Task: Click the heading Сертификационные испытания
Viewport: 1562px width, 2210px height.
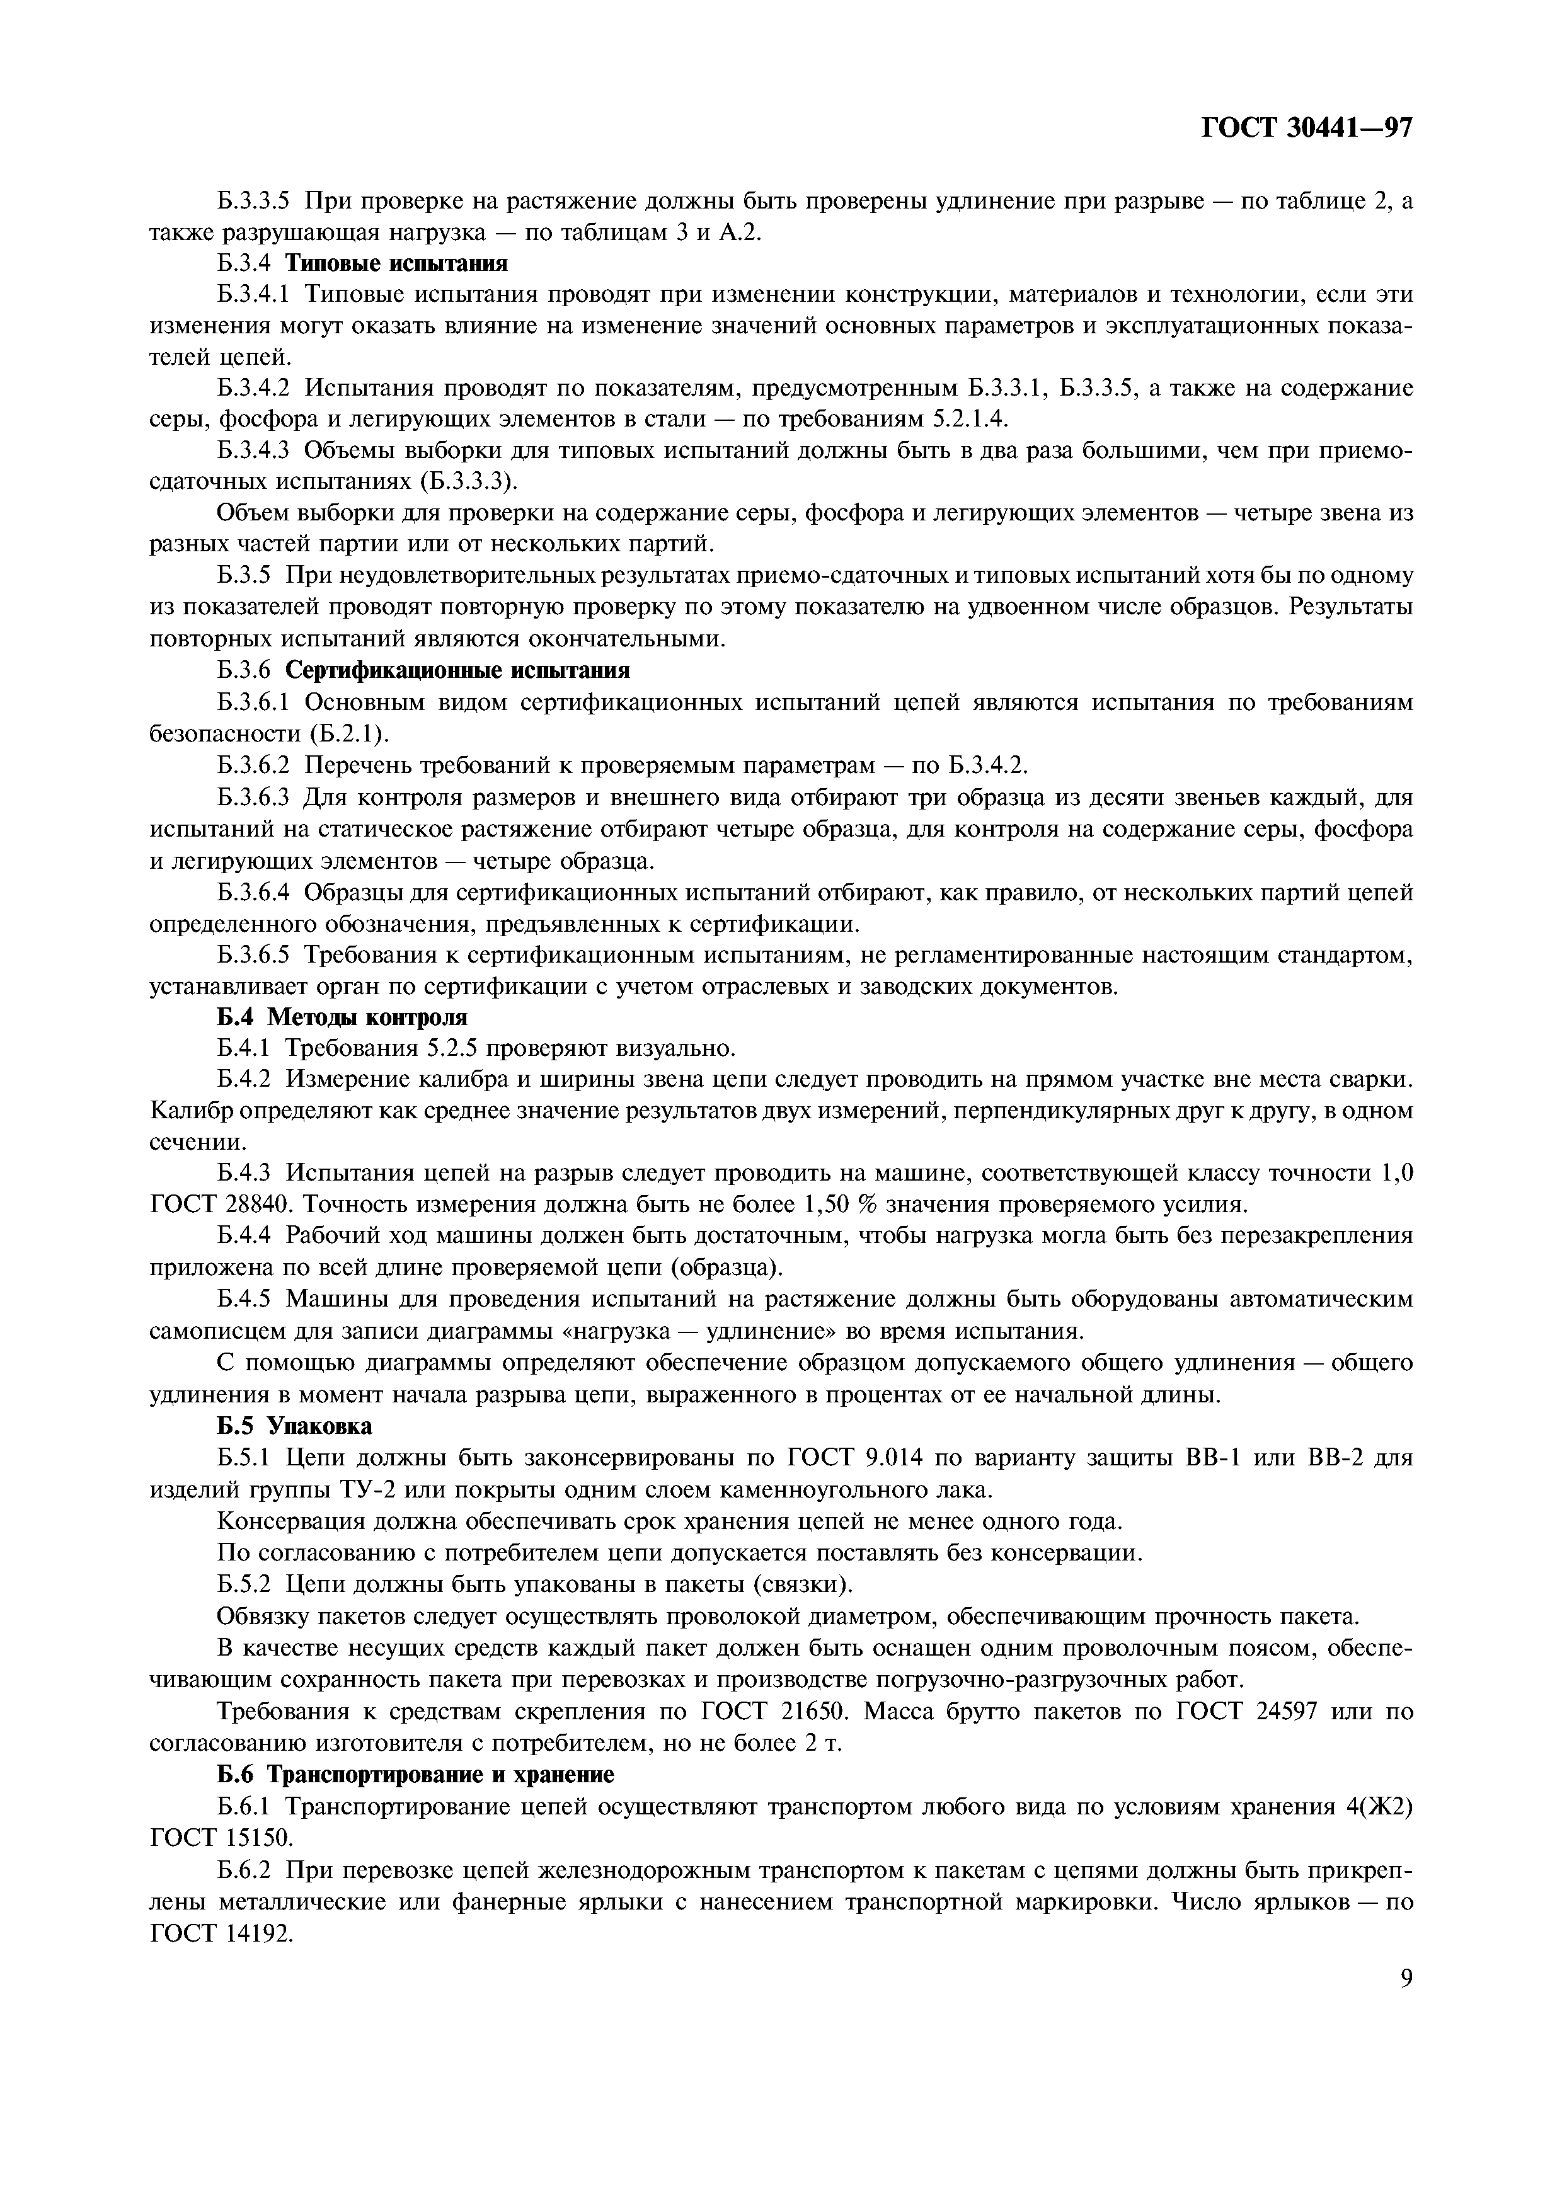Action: [x=458, y=670]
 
